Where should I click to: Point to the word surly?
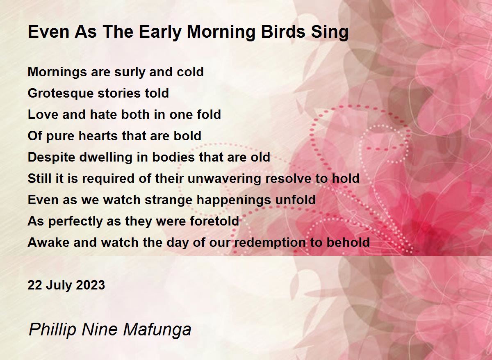130,72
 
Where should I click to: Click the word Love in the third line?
43,115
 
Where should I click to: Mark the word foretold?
214,221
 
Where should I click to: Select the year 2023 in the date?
90,285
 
